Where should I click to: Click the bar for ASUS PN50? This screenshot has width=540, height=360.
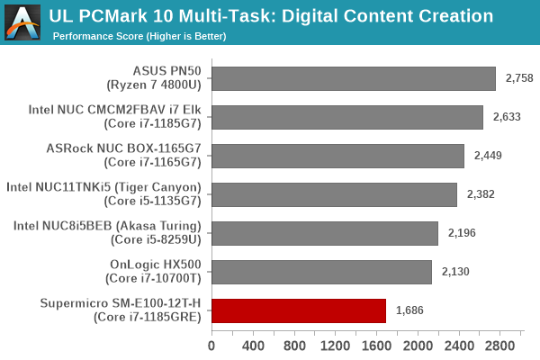click(354, 78)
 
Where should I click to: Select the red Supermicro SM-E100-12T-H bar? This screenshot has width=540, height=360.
click(299, 311)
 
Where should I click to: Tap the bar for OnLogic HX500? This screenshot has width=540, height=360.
click(321, 272)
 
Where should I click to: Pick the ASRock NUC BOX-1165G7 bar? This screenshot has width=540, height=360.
click(337, 156)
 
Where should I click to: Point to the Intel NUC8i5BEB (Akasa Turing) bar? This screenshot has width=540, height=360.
click(325, 233)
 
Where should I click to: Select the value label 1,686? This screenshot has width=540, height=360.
click(411, 311)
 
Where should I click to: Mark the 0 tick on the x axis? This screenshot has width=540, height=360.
click(211, 346)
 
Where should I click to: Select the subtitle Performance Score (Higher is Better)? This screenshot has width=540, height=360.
click(139, 36)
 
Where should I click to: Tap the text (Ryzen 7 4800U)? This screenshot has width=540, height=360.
click(161, 85)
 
